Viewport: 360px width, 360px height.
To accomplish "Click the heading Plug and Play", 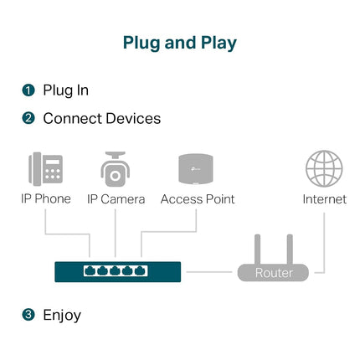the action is click(180, 44).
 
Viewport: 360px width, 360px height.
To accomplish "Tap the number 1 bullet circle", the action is click(28, 90).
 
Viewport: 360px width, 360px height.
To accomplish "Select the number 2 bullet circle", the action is click(28, 118).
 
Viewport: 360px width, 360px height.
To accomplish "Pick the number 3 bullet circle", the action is click(28, 315).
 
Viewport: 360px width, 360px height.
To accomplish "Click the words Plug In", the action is click(66, 90).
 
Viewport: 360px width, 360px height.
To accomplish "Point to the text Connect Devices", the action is click(102, 118).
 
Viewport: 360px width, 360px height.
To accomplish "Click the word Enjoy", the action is click(62, 316).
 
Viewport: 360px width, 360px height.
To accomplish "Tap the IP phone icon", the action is click(45, 169).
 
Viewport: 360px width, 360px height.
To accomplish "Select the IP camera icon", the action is click(115, 169).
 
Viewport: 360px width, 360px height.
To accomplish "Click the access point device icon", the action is click(196, 169).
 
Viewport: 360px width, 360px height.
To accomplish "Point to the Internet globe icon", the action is click(324, 168).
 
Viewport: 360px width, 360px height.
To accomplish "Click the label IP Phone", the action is click(46, 199).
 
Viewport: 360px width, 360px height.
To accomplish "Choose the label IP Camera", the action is click(116, 199).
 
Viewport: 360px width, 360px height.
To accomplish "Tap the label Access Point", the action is click(198, 199).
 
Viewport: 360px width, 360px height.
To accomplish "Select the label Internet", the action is click(325, 199).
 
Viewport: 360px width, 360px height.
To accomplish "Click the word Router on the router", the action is click(274, 273).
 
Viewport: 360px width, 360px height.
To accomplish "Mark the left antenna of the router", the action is click(257, 249).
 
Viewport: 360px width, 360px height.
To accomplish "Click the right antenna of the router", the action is click(290, 249).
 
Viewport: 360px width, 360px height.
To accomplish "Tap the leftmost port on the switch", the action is click(90, 270).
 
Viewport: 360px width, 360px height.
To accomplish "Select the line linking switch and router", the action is click(209, 271).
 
